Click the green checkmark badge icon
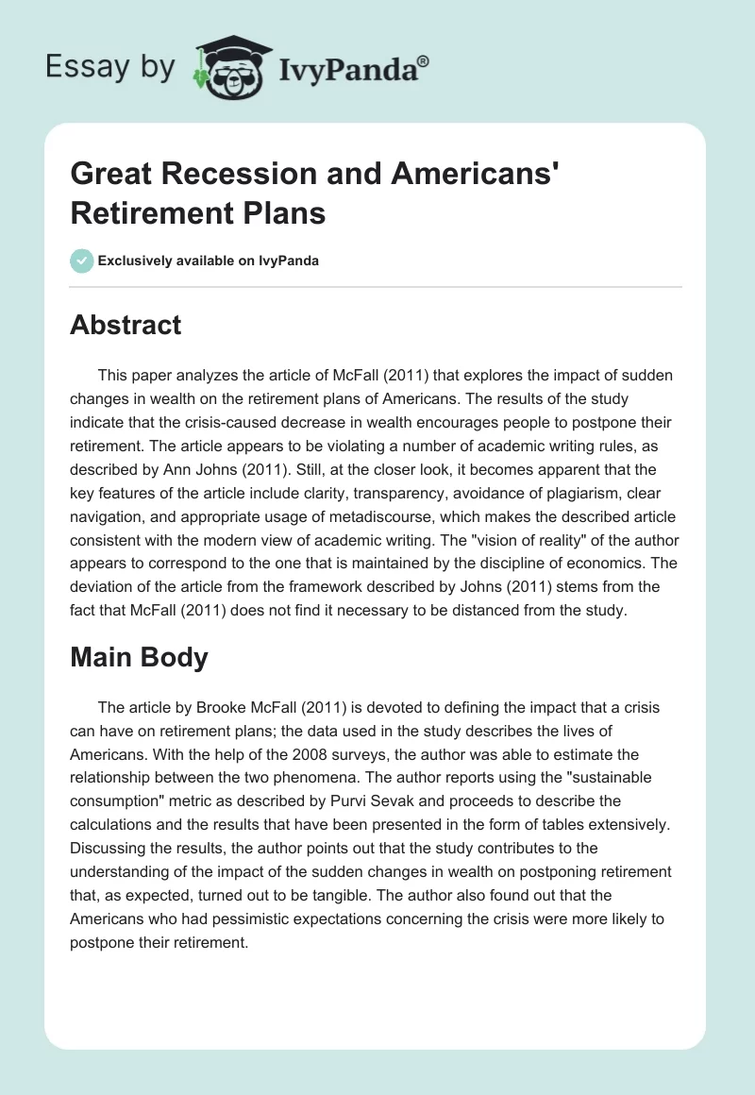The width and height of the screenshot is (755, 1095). pyautogui.click(x=81, y=261)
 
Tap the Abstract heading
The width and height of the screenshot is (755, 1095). pyautogui.click(x=126, y=325)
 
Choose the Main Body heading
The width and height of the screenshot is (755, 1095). pyautogui.click(x=139, y=657)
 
